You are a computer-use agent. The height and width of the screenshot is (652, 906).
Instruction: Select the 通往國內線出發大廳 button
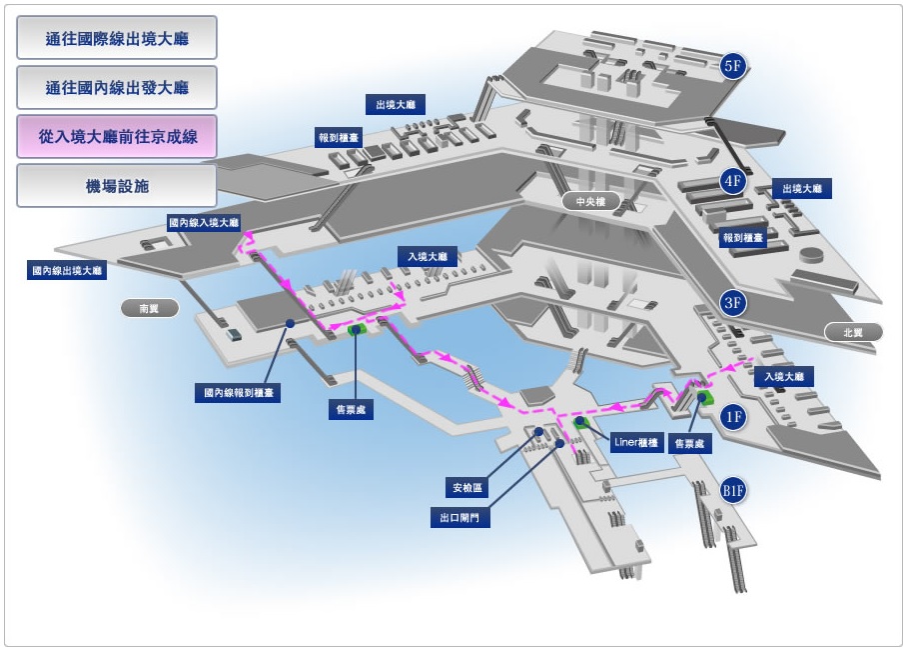pos(117,87)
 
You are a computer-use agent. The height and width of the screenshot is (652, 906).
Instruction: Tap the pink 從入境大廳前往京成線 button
pos(117,136)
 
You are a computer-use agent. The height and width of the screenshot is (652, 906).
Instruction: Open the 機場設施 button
pos(117,186)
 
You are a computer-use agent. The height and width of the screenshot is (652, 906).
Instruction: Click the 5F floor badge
pos(733,67)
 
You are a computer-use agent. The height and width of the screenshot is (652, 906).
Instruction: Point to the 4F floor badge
pos(733,181)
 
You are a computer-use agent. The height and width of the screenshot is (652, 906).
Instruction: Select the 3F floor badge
pos(733,303)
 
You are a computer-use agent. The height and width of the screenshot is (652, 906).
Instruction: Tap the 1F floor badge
pos(733,417)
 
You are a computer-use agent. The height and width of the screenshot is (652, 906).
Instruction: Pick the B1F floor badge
pos(733,490)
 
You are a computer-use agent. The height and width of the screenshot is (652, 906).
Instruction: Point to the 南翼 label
pos(149,308)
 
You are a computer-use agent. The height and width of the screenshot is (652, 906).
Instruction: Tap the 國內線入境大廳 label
pos(204,222)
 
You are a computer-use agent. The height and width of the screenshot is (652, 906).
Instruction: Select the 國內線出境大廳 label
pos(67,270)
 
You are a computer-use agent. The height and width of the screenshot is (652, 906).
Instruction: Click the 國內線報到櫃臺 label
pos(237,394)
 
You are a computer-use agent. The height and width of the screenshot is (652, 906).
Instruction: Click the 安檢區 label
pos(466,488)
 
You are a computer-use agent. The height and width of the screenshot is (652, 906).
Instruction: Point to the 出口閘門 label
pos(459,519)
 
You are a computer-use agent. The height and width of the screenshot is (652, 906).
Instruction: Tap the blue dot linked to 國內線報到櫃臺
pos(289,323)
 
